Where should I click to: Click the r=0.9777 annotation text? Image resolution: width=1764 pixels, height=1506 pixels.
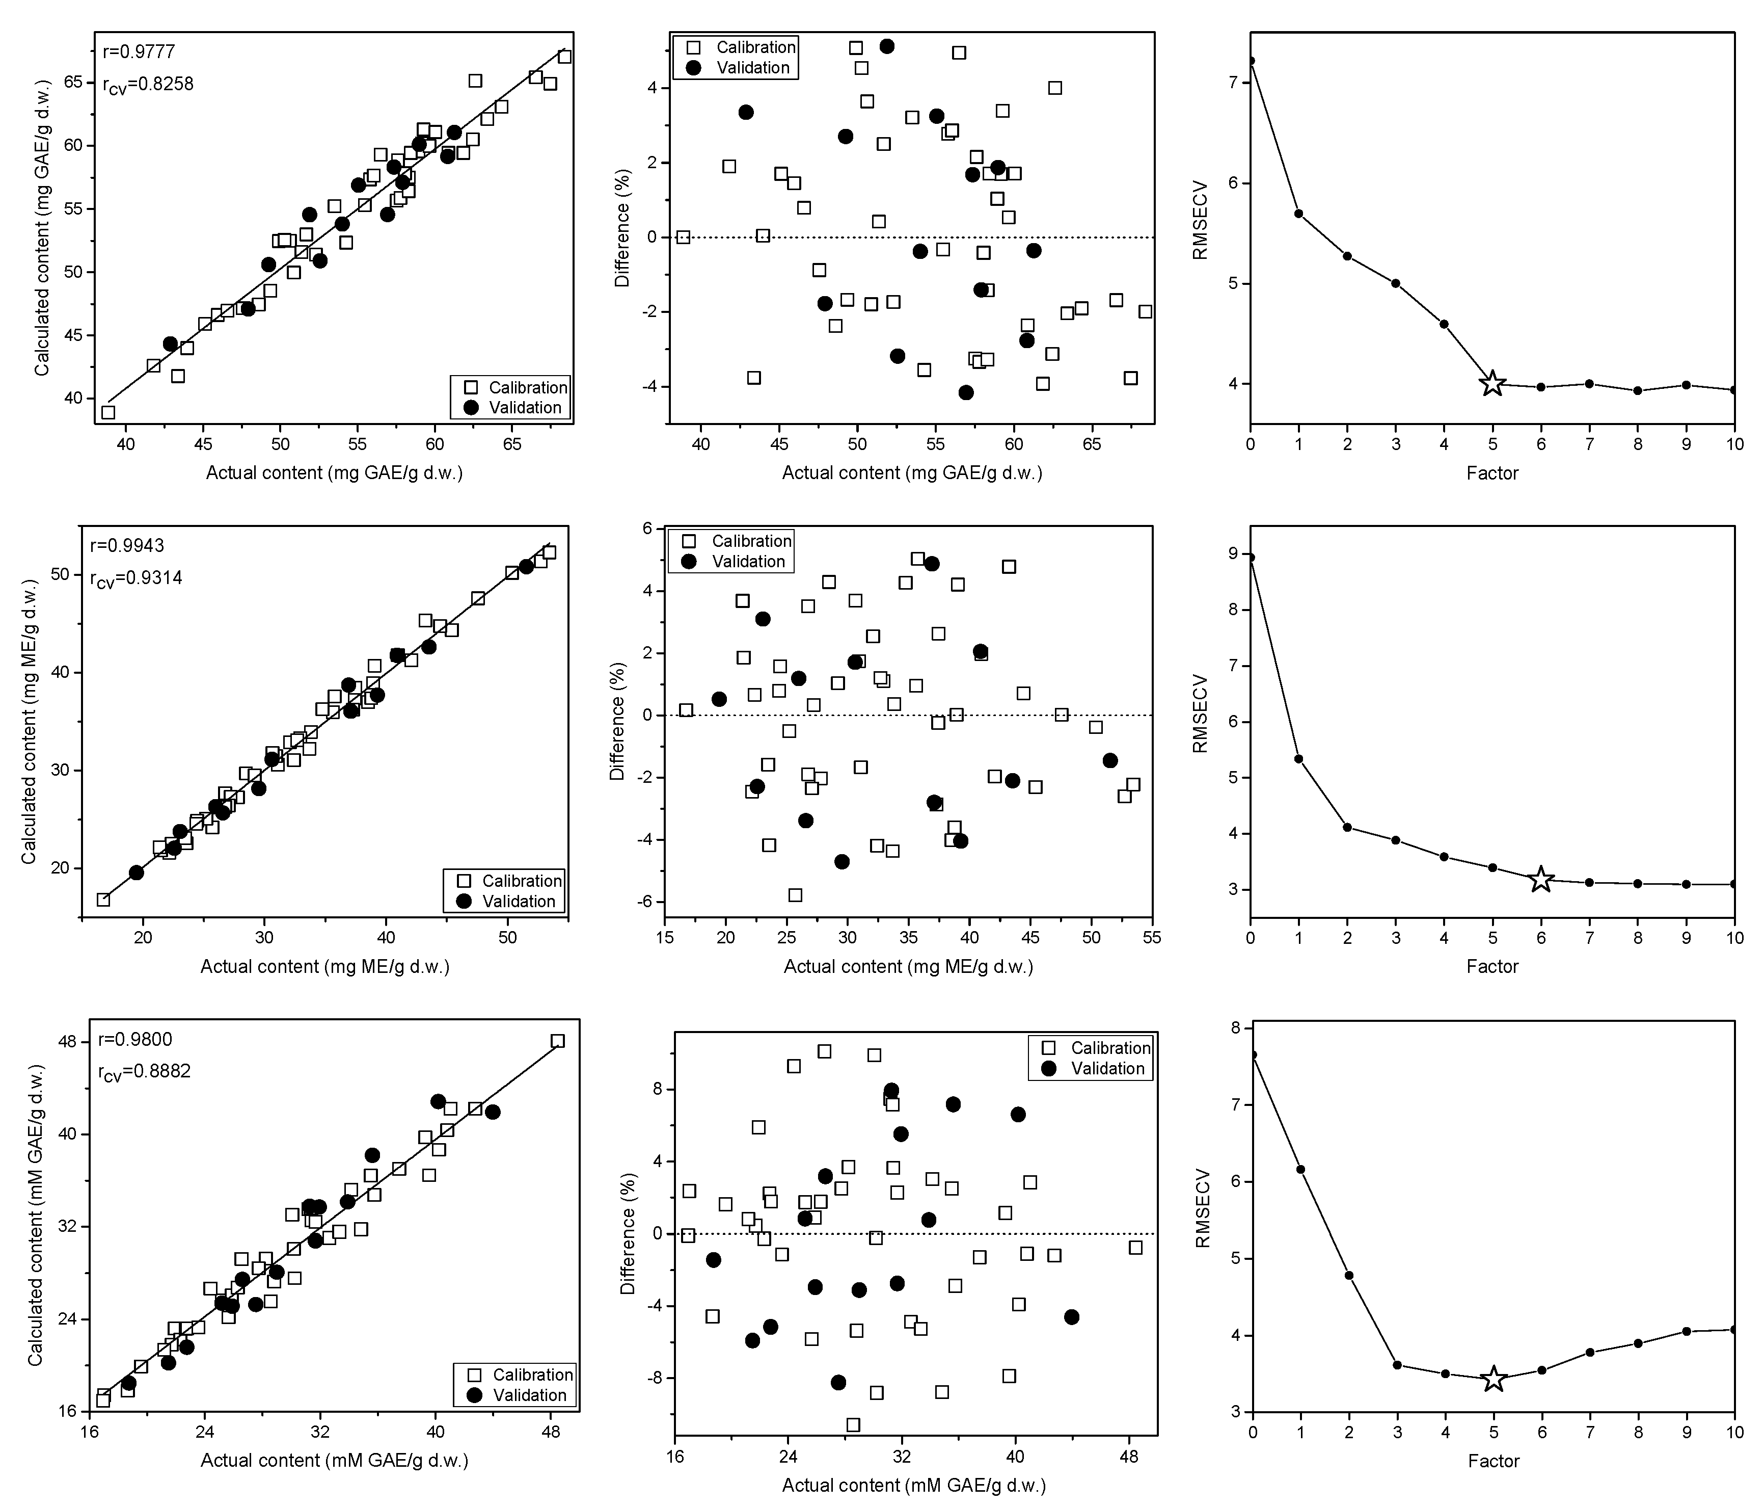pos(139,52)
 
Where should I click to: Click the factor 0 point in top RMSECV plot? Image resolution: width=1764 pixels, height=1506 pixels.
pos(1251,61)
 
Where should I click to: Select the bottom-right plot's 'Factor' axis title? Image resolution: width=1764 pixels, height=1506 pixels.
pos(1494,1461)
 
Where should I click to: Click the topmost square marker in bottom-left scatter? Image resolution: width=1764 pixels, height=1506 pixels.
pos(558,1041)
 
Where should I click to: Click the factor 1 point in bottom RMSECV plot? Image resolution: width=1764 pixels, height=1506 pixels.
pos(1300,1170)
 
